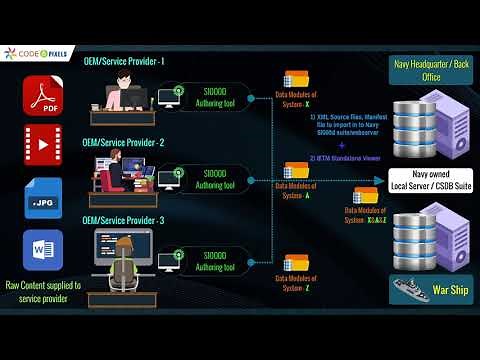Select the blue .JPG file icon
[43, 197]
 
